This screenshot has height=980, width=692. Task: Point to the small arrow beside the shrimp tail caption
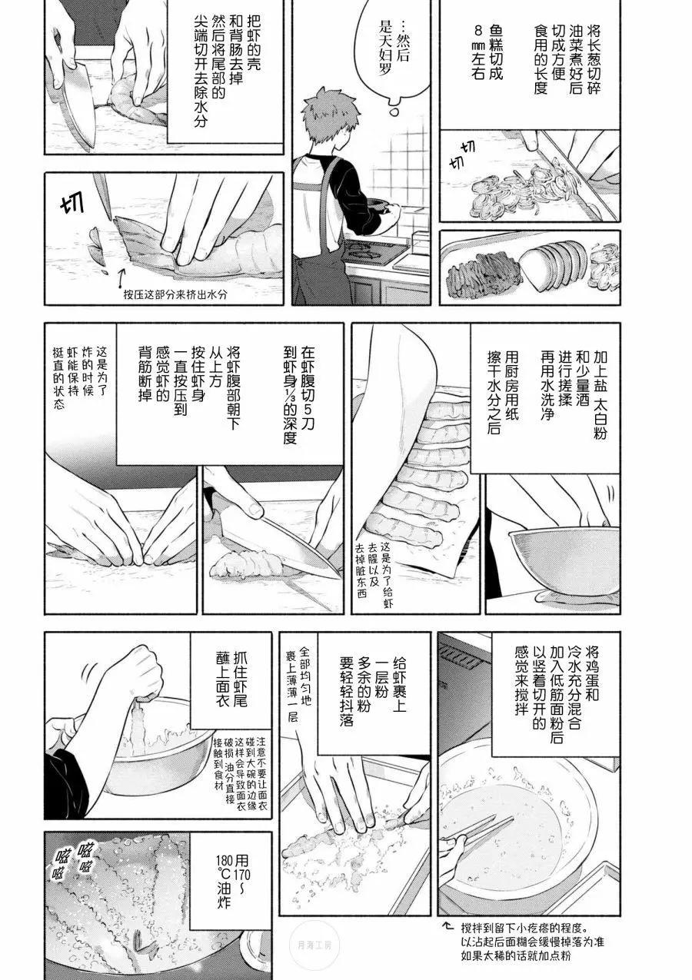pos(121,277)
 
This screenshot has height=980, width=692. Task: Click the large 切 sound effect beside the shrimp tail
pos(73,207)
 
